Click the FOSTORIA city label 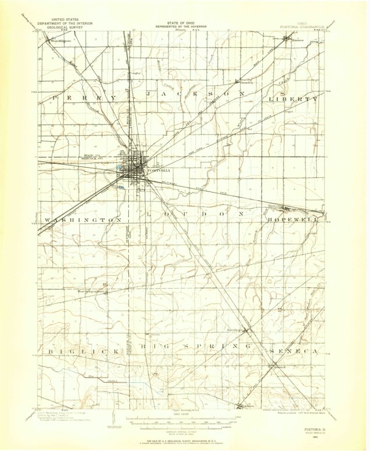coord(158,171)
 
